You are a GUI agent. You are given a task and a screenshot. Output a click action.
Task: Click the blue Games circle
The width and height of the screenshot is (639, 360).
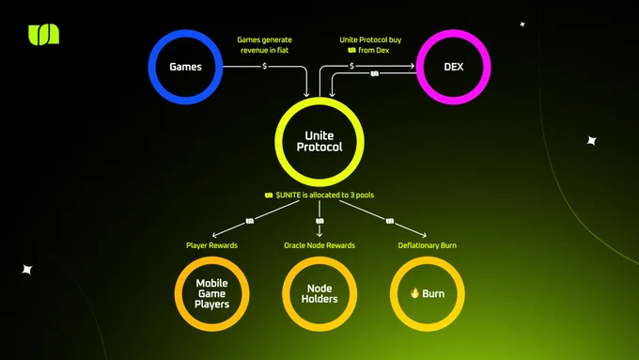point(151,67)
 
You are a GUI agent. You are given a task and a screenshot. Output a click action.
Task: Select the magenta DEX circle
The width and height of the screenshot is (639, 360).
point(420,67)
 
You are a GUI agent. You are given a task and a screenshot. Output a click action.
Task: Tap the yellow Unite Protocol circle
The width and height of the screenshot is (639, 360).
point(279,142)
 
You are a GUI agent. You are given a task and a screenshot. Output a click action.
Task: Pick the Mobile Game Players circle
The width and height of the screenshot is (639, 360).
point(179,293)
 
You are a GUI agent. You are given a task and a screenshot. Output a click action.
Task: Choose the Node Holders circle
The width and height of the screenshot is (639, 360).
point(286,293)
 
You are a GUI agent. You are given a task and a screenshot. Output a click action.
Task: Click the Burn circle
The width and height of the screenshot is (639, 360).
point(393,293)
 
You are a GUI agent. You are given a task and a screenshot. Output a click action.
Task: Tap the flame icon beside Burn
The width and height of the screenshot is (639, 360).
point(414,292)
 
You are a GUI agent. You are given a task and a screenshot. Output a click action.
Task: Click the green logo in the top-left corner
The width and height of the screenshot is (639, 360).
point(43,35)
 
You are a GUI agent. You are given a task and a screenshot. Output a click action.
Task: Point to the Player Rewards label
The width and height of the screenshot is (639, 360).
point(212,245)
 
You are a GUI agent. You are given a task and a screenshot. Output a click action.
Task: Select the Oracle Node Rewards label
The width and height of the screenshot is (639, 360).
point(319,245)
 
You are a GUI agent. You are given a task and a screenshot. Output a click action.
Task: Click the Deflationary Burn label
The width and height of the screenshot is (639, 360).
point(427,245)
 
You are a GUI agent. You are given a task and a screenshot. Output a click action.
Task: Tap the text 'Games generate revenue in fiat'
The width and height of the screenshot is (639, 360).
point(264,45)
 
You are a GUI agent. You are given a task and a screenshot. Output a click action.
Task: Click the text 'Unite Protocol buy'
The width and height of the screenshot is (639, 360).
point(370,40)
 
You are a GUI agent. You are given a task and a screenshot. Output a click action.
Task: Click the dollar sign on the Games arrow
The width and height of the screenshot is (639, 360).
point(264,66)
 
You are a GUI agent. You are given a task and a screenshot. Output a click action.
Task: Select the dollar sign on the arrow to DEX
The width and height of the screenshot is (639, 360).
point(352,66)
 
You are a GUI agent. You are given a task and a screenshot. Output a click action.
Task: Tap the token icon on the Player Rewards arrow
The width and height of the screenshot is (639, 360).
point(250,221)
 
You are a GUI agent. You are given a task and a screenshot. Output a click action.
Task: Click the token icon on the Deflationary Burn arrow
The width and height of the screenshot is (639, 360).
point(390,221)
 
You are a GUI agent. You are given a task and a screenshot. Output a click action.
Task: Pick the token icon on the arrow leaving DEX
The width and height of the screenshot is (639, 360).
point(375,73)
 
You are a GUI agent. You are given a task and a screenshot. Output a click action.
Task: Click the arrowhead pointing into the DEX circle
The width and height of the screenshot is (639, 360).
point(413,66)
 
